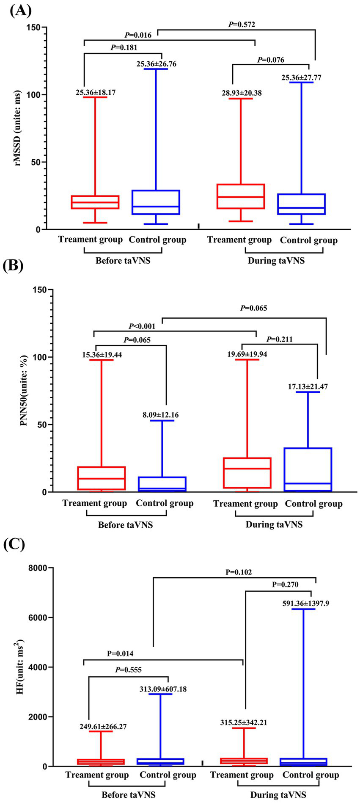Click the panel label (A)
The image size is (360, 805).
click(x=20, y=10)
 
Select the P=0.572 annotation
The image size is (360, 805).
click(x=242, y=25)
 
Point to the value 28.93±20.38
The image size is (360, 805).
click(x=242, y=93)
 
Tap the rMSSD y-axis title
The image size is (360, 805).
click(x=18, y=129)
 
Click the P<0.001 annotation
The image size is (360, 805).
click(x=142, y=326)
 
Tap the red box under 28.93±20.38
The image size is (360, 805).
click(x=241, y=196)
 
